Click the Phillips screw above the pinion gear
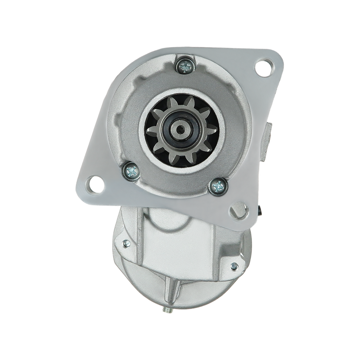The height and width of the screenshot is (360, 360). coord(186,67)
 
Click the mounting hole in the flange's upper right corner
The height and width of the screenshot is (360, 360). coord(262,69)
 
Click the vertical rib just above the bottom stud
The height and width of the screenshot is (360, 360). coord(172,288)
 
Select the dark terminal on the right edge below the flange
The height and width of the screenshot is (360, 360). coord(261,211)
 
